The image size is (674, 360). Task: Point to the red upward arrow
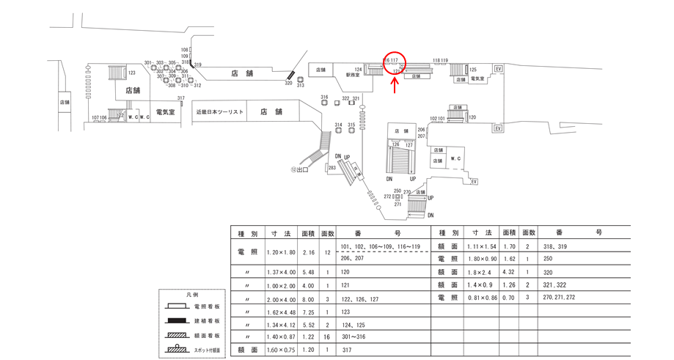pyautogui.click(x=395, y=87)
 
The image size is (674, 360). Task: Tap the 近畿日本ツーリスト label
pyautogui.click(x=220, y=112)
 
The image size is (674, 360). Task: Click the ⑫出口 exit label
pyautogui.click(x=299, y=170)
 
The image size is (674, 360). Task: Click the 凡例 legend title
pyautogui.click(x=192, y=294)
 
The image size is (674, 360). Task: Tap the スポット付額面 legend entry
pyautogui.click(x=206, y=350)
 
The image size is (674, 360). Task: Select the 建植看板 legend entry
pyautogui.click(x=206, y=321)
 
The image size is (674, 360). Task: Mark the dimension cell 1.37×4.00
pyautogui.click(x=280, y=271)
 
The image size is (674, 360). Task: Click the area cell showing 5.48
pyautogui.click(x=308, y=271)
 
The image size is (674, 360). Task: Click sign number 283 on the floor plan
pyautogui.click(x=331, y=168)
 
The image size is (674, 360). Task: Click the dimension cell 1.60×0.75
pyautogui.click(x=280, y=350)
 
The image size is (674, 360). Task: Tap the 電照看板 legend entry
pyautogui.click(x=206, y=306)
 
